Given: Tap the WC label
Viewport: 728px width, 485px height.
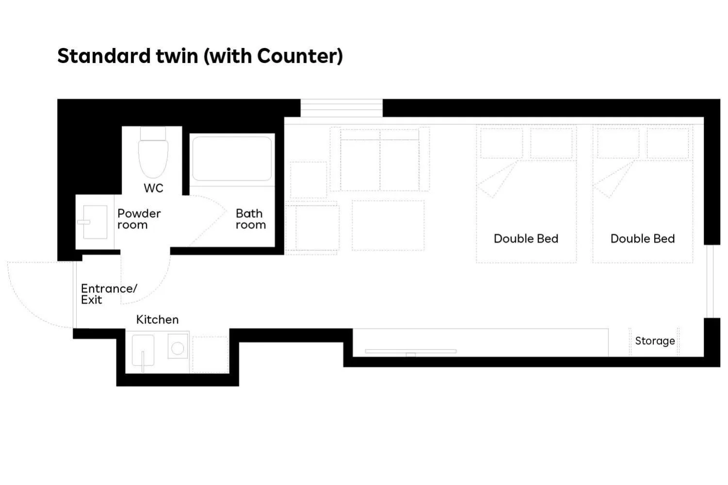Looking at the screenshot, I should point(153,188).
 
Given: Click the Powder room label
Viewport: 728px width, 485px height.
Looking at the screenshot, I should point(139,219).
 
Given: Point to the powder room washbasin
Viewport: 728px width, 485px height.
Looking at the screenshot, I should point(94,222).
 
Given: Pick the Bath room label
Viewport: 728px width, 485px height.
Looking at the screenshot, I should point(250,219).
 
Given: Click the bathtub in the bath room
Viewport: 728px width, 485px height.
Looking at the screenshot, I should point(232,158).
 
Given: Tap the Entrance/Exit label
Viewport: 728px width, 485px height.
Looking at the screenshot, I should point(108,294).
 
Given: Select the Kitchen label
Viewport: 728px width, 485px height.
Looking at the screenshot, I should point(157,320).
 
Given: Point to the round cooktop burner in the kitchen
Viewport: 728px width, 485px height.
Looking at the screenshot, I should point(178,347).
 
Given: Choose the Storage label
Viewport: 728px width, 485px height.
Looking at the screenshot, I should point(655,341).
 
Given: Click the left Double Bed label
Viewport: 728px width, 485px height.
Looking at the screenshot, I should point(526,239).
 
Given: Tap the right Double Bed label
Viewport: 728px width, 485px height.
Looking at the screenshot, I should point(642,239).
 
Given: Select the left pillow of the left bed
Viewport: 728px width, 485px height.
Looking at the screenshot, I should point(502,143).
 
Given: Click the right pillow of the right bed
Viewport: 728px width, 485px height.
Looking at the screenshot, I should point(668,143).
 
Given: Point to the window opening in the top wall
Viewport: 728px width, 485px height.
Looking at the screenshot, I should point(341,108).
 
